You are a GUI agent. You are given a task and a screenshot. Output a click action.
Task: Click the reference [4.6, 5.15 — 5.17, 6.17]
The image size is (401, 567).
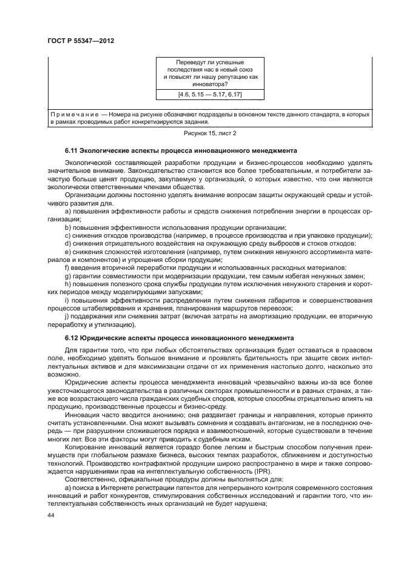coord(210,95)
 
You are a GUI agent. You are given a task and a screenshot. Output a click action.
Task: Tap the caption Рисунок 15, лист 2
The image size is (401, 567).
coord(209,133)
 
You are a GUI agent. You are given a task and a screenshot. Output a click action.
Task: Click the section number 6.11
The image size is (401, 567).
coord(72,150)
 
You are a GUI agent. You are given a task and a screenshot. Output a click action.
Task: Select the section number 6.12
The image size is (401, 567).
coord(72,338)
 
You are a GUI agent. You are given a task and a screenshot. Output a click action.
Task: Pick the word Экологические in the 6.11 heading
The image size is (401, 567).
coord(106,150)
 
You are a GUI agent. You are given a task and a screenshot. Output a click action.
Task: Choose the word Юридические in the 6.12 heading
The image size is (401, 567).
coord(103,338)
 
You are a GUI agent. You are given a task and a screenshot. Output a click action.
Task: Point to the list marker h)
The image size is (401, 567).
coord(67,284)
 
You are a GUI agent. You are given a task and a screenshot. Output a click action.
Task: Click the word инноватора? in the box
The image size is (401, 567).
coord(209,84)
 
